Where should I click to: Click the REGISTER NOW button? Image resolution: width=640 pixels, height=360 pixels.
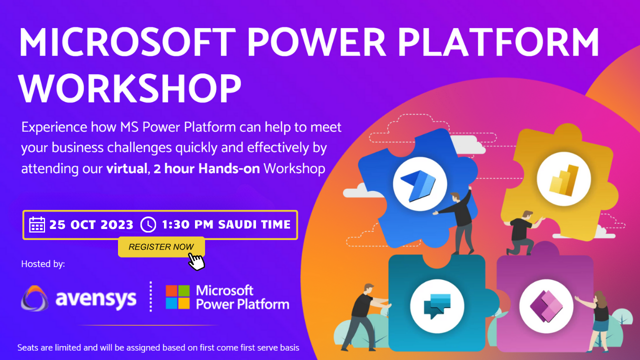click(161, 246)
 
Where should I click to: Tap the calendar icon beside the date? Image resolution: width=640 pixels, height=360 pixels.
click(37, 224)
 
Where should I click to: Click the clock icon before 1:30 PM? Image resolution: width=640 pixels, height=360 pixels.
click(148, 224)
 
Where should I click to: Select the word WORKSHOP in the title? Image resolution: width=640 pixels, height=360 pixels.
click(130, 88)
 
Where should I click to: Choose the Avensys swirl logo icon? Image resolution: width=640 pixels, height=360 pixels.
click(35, 298)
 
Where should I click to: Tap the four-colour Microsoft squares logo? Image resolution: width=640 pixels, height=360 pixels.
click(177, 297)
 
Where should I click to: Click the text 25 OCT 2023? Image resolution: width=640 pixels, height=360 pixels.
click(91, 224)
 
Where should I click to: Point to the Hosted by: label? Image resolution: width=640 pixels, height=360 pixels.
click(43, 263)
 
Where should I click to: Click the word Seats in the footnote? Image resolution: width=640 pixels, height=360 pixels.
click(29, 347)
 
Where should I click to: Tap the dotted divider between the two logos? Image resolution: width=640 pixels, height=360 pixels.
click(150, 296)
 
